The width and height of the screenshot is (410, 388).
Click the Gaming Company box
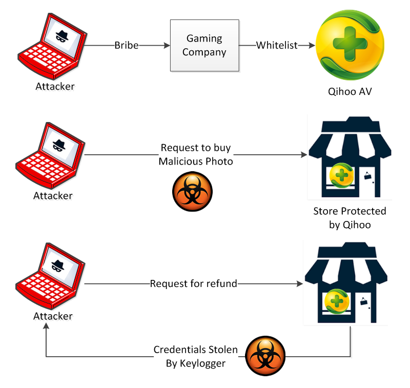point(204,45)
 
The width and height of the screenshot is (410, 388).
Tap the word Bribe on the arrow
point(127,46)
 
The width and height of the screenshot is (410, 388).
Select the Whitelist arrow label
point(277,46)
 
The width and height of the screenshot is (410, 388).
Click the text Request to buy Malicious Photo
point(195,155)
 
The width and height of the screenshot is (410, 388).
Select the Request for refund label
point(193,283)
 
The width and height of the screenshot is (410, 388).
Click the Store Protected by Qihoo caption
point(350,218)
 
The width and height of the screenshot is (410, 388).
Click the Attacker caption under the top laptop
point(54,86)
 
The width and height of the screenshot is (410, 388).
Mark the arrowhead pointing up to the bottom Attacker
point(46,328)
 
